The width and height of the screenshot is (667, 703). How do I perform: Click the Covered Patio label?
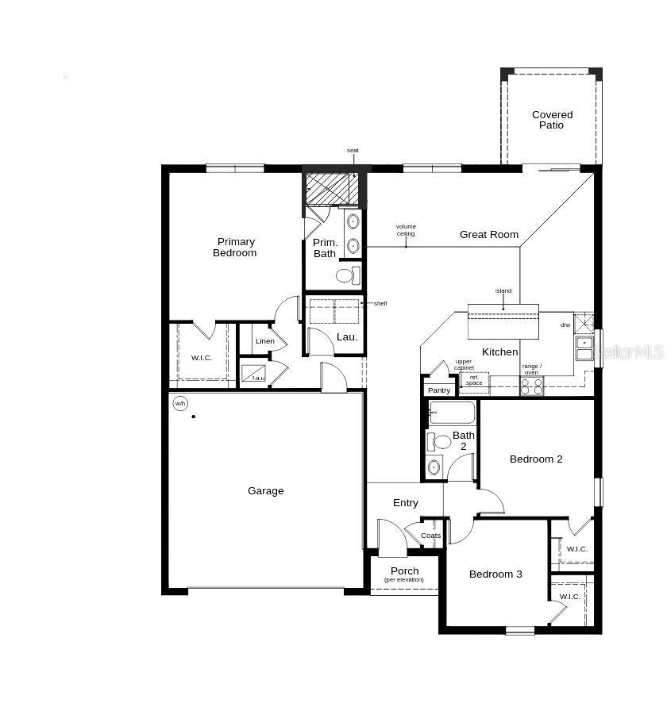click(552, 120)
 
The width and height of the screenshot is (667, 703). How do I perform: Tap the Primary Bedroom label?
click(235, 248)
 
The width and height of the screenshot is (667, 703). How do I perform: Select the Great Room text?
click(489, 235)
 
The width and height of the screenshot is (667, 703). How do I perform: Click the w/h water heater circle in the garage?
click(180, 404)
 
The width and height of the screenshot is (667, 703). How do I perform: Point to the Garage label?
click(265, 491)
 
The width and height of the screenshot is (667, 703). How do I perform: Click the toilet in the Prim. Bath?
click(348, 276)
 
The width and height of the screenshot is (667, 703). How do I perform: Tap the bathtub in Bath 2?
click(452, 413)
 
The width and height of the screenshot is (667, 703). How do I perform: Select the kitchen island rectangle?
click(503, 321)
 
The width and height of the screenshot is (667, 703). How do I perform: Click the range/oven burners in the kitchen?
click(531, 386)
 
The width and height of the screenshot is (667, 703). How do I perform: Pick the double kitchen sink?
click(584, 348)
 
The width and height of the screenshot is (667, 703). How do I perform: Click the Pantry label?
click(439, 390)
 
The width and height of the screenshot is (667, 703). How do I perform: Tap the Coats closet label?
click(430, 536)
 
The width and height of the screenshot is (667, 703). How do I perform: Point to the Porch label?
click(404, 571)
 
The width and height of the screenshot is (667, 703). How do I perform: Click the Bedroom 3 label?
click(495, 574)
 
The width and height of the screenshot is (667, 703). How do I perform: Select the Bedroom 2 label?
click(536, 459)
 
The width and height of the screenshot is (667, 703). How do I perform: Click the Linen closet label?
click(265, 341)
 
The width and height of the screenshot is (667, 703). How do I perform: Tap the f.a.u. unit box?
click(255, 373)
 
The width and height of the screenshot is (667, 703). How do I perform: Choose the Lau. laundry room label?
click(347, 337)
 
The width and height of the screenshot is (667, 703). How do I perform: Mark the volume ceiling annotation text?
click(406, 230)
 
